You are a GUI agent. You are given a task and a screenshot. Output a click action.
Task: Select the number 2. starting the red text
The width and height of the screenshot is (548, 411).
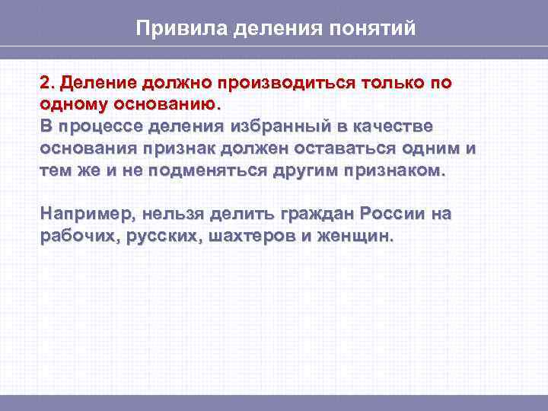click(47, 81)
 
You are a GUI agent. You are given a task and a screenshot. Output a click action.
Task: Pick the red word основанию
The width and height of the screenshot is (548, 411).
click(163, 103)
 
